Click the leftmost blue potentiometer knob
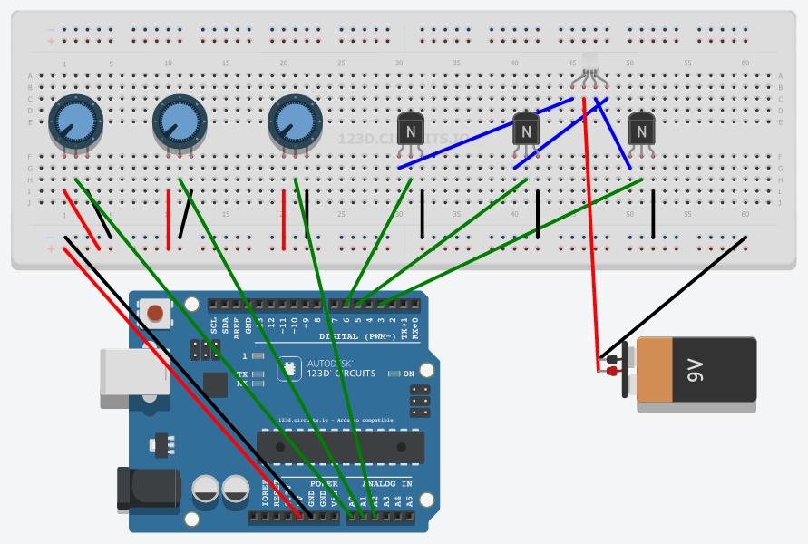coord(75,120)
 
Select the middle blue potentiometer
coord(180,120)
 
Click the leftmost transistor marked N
coord(411,131)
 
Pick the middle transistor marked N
coord(526,131)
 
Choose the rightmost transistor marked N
coord(641,131)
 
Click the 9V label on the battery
coord(696,369)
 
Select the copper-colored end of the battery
coord(653,369)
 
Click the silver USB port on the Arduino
coord(133,372)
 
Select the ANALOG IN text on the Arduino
coord(387,483)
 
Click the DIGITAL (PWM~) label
coord(358,336)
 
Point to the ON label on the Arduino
coord(408,374)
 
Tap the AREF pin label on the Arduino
coord(237,326)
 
